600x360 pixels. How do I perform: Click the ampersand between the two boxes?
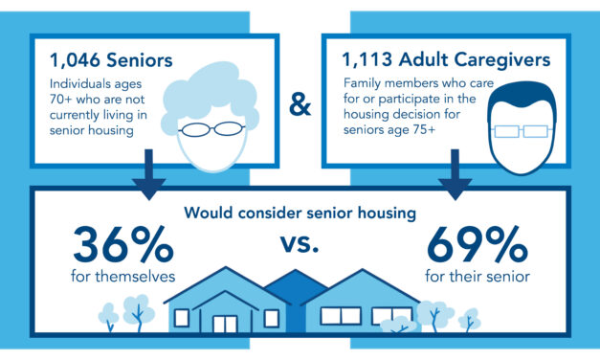(x=300, y=104)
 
